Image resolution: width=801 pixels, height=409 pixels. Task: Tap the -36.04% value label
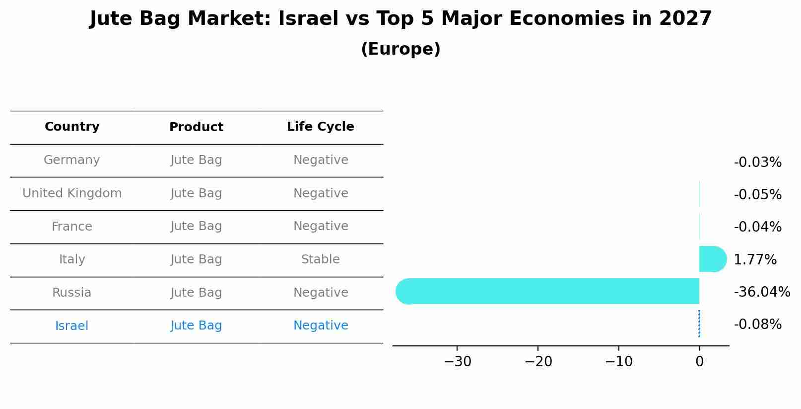762,292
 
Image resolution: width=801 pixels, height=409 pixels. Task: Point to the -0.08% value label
757,325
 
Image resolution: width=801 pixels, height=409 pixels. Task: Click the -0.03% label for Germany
757,163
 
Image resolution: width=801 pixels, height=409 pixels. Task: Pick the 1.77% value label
755,259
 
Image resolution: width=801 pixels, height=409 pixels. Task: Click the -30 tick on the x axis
457,362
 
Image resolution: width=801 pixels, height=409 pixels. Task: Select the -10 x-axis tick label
618,362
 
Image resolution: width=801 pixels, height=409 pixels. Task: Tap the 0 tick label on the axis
699,362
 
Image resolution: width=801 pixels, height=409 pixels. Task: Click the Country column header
72,127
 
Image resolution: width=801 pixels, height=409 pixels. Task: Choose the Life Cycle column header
321,127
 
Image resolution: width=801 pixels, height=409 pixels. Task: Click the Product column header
196,127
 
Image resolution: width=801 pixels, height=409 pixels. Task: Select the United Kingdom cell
72,193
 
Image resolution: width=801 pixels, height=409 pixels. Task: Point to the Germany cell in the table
72,160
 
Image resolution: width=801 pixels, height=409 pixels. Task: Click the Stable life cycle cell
321,259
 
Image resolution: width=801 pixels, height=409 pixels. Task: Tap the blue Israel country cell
72,326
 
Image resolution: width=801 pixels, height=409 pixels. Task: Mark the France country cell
72,227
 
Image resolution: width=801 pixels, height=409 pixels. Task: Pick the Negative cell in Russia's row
321,293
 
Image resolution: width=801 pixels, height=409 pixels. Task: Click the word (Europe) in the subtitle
400,49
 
